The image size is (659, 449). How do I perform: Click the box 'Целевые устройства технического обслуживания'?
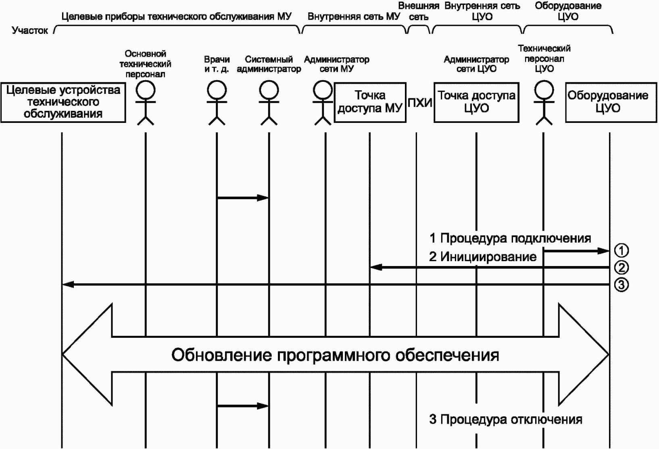(63, 102)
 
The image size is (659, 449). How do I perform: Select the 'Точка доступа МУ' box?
(370, 102)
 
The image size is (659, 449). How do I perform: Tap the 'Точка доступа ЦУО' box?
(476, 102)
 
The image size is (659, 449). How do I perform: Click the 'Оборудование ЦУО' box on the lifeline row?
(611, 102)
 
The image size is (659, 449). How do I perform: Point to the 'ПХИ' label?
(420, 103)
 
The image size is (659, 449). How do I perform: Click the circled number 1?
(621, 251)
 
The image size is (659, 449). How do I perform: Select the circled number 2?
(621, 268)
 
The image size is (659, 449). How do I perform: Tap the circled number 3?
(621, 285)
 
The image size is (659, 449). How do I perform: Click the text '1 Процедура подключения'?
(510, 239)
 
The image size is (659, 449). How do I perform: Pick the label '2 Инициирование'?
(483, 257)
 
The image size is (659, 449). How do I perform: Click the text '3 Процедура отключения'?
(506, 419)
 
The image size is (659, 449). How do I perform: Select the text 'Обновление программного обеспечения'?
(335, 355)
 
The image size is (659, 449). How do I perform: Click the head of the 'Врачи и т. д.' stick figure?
(217, 90)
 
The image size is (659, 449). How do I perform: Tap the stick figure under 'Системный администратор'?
(269, 103)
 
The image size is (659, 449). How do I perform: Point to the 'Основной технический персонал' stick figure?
(146, 103)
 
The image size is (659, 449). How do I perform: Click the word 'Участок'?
(30, 30)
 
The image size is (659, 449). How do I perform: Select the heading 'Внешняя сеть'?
(419, 11)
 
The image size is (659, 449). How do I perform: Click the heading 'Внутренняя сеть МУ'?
(354, 17)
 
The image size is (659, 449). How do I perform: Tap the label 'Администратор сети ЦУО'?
(476, 64)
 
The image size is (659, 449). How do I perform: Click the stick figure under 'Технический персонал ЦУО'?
(544, 103)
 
